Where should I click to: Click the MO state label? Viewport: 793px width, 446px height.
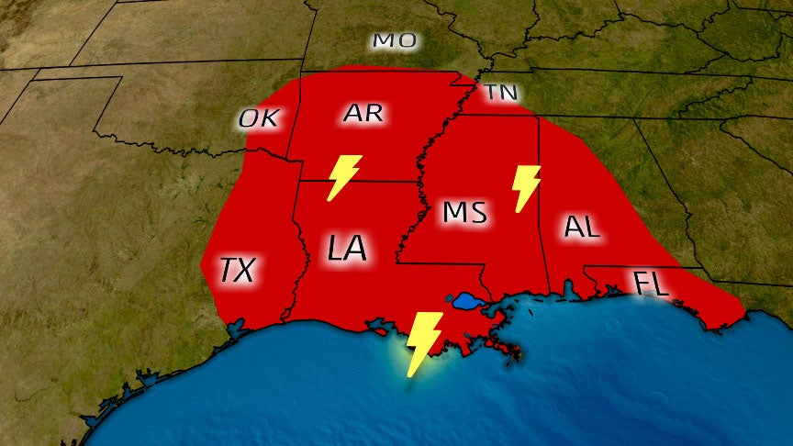[395, 40]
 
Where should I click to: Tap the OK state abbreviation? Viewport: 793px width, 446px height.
[261, 118]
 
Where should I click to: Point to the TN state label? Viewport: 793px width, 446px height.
[500, 93]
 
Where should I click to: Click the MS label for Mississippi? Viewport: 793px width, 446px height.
[464, 211]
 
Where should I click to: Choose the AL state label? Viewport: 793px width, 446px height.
[582, 227]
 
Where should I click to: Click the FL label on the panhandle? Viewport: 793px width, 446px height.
[652, 284]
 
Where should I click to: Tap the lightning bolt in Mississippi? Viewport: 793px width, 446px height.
[527, 187]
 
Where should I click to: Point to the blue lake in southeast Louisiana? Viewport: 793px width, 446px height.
[465, 300]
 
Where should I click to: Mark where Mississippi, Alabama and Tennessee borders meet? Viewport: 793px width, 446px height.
[538, 117]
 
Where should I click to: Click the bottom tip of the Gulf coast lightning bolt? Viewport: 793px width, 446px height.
[410, 375]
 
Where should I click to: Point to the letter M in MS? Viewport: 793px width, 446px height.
[454, 211]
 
